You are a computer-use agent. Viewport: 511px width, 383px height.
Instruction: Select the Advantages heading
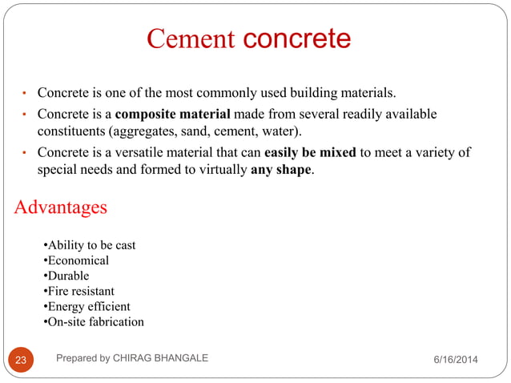(60, 208)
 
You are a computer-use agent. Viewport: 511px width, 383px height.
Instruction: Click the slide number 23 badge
(22, 360)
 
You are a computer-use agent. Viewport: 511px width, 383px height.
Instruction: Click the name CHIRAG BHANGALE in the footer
(163, 358)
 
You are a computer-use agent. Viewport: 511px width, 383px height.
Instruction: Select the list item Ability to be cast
(89, 245)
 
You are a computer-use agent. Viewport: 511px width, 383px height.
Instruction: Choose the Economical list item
(76, 260)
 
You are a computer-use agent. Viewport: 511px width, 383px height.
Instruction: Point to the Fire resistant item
(78, 291)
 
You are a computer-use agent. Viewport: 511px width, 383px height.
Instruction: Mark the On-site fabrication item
(93, 321)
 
